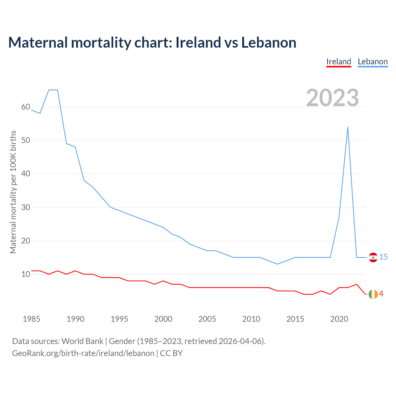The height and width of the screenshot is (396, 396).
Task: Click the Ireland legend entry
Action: click(x=339, y=62)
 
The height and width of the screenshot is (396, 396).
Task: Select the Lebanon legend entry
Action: click(x=372, y=62)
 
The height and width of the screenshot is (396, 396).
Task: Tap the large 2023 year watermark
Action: click(x=333, y=98)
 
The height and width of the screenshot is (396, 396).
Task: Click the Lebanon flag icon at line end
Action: click(x=373, y=257)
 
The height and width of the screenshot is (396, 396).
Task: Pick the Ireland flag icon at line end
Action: click(x=373, y=294)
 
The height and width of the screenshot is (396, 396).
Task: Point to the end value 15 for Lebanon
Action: click(x=384, y=257)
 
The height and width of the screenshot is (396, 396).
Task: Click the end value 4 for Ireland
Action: click(x=381, y=294)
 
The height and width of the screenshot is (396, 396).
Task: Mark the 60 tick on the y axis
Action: click(x=26, y=107)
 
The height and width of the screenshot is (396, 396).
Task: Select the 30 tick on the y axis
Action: click(x=26, y=207)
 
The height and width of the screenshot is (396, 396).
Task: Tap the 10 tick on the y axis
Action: click(x=26, y=274)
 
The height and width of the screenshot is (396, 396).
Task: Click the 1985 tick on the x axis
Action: click(x=32, y=319)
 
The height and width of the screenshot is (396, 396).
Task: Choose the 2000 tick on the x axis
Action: click(x=163, y=319)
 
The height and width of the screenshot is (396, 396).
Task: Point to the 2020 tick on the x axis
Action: click(x=339, y=319)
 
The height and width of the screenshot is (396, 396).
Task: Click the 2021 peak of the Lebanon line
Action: click(x=348, y=127)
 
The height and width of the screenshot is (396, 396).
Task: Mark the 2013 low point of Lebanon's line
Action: click(x=278, y=264)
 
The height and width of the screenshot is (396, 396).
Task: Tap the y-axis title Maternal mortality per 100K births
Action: click(x=13, y=192)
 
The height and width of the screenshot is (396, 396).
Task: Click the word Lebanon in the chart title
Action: click(x=269, y=42)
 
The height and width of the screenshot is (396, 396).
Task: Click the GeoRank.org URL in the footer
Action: click(x=83, y=353)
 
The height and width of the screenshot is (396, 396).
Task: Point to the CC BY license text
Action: click(x=171, y=353)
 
